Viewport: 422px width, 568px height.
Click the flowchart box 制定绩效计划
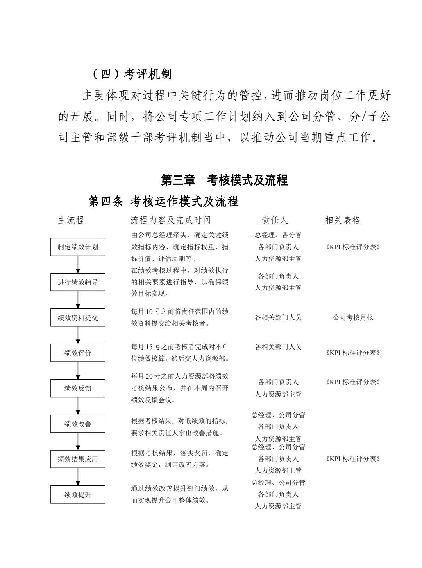pyautogui.click(x=78, y=247)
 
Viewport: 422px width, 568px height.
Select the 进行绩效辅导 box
pyautogui.click(x=78, y=282)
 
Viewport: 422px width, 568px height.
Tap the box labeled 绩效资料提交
pyautogui.click(x=78, y=318)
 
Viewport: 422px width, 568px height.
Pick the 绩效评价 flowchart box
pyautogui.click(x=78, y=353)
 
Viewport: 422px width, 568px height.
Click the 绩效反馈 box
pyautogui.click(x=78, y=388)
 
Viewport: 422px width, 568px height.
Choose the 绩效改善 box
pyautogui.click(x=78, y=424)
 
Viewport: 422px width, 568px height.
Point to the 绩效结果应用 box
pyautogui.click(x=78, y=459)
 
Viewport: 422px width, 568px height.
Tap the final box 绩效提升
pyautogui.click(x=78, y=495)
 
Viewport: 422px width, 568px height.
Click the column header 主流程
pyautogui.click(x=71, y=220)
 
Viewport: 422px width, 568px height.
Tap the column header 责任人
pyautogui.click(x=273, y=220)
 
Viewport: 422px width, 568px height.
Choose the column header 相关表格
pyautogui.click(x=343, y=220)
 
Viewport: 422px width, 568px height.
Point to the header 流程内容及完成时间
pyautogui.click(x=171, y=220)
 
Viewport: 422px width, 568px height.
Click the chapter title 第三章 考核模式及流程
pyautogui.click(x=225, y=180)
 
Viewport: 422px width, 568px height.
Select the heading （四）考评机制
pyautogui.click(x=132, y=74)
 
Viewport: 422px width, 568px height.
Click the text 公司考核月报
pyautogui.click(x=353, y=317)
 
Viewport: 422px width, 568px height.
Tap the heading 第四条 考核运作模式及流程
pyautogui.click(x=163, y=202)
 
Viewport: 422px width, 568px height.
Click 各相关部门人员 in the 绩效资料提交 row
pyautogui.click(x=278, y=317)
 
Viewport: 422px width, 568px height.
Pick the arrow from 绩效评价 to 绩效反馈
pyautogui.click(x=78, y=371)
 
